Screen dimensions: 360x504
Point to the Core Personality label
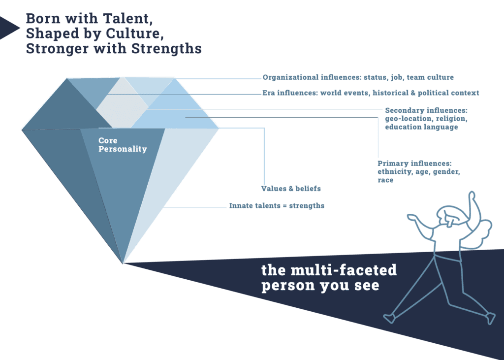click(x=123, y=145)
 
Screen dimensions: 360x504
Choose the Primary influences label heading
click(x=414, y=163)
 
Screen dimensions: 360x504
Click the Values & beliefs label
click(x=287, y=188)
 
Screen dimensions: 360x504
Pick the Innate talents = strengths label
click(x=277, y=206)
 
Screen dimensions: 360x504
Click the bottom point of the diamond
click(x=124, y=263)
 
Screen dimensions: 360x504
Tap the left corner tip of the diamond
click(x=22, y=129)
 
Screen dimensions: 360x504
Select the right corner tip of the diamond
click(x=219, y=128)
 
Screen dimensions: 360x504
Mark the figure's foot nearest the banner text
click(x=388, y=318)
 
